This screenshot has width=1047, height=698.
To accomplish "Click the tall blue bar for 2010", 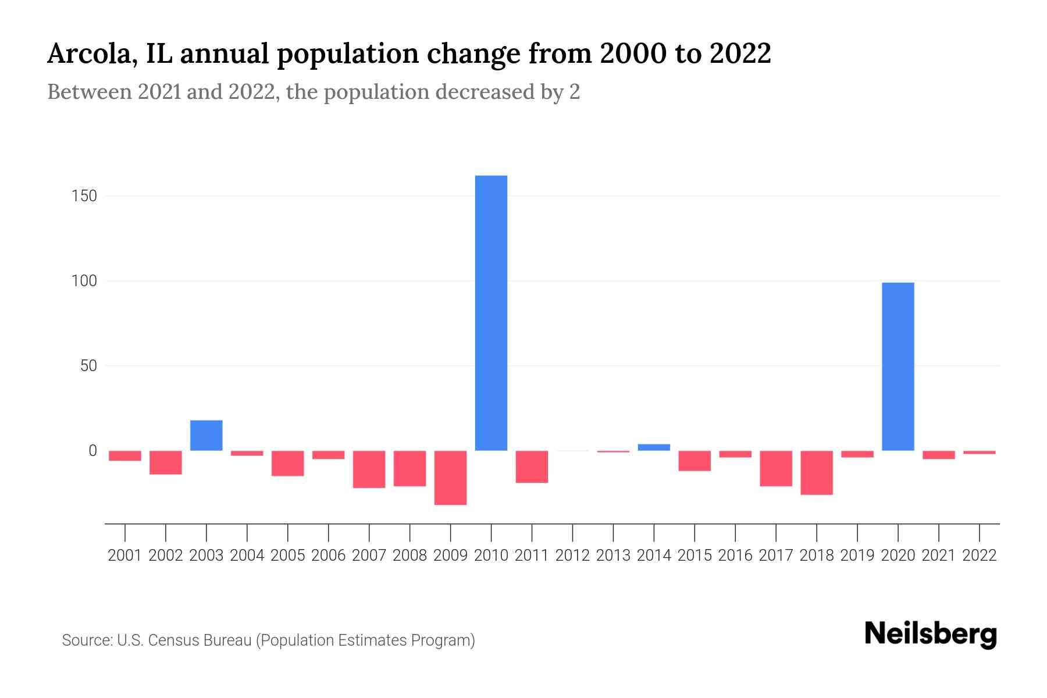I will pyautogui.click(x=491, y=313).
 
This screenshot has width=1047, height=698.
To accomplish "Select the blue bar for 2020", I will pyautogui.click(x=898, y=366).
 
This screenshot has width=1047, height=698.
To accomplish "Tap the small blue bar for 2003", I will pyautogui.click(x=206, y=435).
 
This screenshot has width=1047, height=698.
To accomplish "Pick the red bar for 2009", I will pyautogui.click(x=450, y=478).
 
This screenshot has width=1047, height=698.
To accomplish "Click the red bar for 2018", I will pyautogui.click(x=817, y=472).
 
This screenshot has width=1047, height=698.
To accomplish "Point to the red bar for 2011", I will pyautogui.click(x=532, y=466).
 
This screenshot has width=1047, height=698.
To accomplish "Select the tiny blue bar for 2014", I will pyautogui.click(x=654, y=447).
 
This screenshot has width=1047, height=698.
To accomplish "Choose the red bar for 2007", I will pyautogui.click(x=369, y=469).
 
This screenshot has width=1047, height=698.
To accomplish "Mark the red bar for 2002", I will pyautogui.click(x=166, y=462).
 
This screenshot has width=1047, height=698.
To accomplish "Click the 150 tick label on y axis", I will pyautogui.click(x=84, y=196).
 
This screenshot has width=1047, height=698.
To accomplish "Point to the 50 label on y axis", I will pyautogui.click(x=88, y=366).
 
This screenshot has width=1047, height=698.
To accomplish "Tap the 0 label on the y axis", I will pyautogui.click(x=92, y=451).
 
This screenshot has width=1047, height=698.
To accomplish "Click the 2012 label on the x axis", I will pyautogui.click(x=572, y=555).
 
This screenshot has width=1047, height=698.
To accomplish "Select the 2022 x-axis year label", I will pyautogui.click(x=980, y=555).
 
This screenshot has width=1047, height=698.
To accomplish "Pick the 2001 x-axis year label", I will pyautogui.click(x=125, y=555).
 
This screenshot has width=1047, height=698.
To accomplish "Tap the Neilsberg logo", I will pyautogui.click(x=931, y=634).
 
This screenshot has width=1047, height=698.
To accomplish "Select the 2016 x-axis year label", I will pyautogui.click(x=735, y=555).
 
